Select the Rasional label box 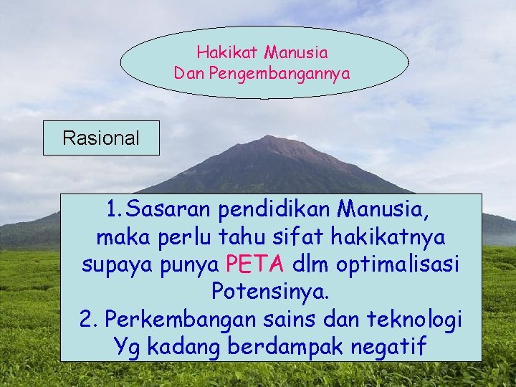[101, 138]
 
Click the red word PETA [254, 265]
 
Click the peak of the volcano [269, 138]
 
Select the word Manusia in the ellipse [295, 52]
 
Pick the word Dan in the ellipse [189, 73]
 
